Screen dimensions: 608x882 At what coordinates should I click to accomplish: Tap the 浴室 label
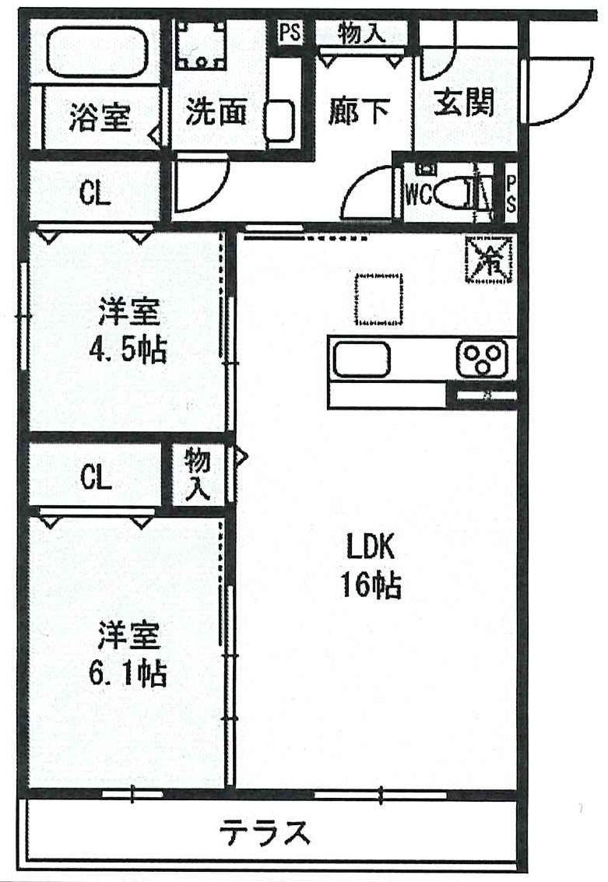(100, 117)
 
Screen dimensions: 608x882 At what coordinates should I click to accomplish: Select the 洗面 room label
(216, 111)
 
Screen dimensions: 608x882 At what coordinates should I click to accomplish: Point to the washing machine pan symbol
(199, 45)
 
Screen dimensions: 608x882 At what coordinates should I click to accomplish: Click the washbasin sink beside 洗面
(279, 121)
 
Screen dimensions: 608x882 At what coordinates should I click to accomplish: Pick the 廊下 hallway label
(358, 111)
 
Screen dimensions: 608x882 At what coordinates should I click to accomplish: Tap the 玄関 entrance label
(464, 103)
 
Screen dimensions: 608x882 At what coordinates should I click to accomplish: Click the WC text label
(419, 195)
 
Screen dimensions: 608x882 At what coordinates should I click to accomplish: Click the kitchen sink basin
(362, 360)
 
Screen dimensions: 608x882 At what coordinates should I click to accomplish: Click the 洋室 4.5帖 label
(128, 330)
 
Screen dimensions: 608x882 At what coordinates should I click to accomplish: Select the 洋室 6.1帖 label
(128, 652)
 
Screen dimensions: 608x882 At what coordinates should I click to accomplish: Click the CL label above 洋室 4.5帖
(94, 194)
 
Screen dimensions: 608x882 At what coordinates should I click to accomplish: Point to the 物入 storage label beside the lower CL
(198, 474)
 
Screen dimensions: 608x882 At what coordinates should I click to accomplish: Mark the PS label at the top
(290, 33)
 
